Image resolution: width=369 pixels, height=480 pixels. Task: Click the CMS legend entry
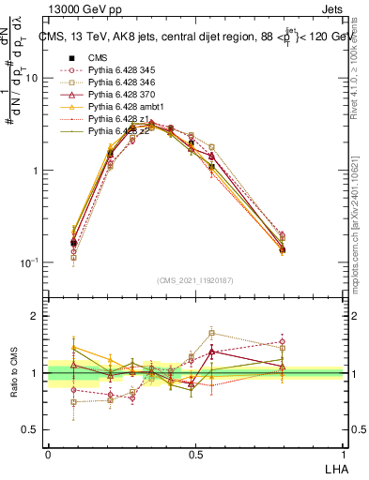tap(99, 57)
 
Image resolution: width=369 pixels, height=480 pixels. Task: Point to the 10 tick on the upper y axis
tap(31, 78)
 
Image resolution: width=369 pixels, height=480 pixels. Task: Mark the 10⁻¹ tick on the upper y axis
tap(29, 262)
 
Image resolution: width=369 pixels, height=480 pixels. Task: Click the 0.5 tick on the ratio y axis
tap(33, 430)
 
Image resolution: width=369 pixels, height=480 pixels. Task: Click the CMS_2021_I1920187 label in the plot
tap(195, 280)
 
